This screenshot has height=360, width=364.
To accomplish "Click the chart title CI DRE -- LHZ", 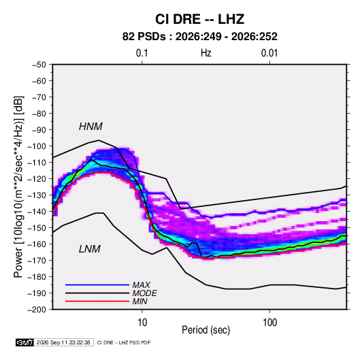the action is point(199,19).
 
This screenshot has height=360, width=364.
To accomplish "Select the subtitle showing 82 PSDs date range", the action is point(200,37).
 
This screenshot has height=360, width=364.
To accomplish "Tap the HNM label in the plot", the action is point(90,127).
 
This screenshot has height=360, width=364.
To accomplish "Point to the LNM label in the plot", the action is point(90,249).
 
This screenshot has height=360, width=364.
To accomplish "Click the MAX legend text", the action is point(141,284).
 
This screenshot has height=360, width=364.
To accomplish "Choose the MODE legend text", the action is point(145,293).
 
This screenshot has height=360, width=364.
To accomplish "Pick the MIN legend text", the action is point(139,301).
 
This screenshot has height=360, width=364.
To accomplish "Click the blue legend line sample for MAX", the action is point(97,284).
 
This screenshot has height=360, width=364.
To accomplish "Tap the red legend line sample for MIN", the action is point(97,301).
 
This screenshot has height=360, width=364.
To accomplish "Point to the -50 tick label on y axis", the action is point(39,65).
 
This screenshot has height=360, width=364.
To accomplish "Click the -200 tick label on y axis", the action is point(37,310).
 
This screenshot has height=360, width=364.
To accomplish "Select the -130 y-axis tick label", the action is point(37,195).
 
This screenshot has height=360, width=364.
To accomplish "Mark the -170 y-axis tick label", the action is point(37,261).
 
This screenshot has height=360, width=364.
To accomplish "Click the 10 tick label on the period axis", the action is point(142,323).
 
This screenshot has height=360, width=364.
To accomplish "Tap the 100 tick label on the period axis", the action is point(269,323).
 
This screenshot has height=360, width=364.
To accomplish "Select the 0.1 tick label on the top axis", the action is point(142,53).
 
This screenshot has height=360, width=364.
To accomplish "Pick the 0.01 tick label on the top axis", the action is point(269,53).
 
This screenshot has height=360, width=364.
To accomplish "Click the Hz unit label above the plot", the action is point(206,53).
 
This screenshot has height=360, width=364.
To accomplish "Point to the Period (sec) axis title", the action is point(206,330).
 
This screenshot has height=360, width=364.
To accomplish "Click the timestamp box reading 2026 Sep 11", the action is point(63,342).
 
